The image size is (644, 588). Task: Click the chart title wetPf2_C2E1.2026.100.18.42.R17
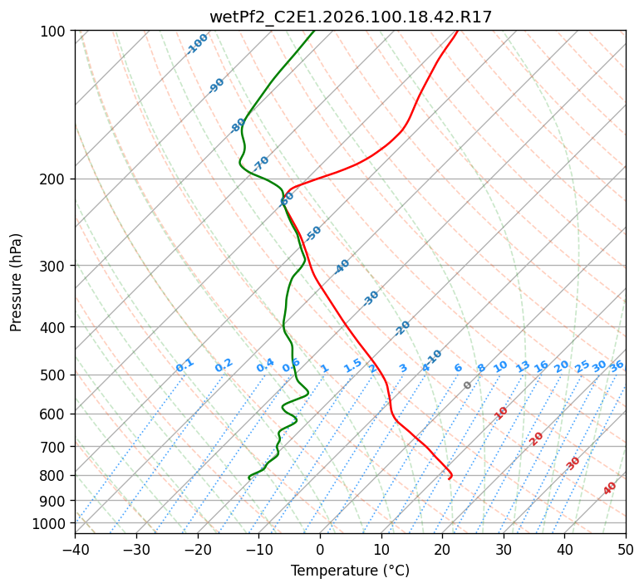tap(350, 17)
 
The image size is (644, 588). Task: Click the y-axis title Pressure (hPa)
tap(17, 282)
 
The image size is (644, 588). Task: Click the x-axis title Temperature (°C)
tap(350, 571)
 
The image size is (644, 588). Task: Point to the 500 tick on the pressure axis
tap(54, 375)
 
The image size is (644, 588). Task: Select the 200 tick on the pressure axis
tap(54, 179)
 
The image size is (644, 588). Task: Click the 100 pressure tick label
tap(54, 31)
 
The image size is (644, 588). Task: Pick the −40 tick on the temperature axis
tap(75, 549)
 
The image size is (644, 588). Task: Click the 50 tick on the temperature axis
tap(626, 549)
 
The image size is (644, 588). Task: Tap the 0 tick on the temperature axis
tap(320, 549)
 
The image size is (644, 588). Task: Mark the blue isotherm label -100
tap(197, 44)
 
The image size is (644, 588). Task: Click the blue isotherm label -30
tap(371, 298)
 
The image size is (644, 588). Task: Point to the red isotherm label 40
tap(610, 488)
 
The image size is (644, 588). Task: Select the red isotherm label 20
tap(537, 439)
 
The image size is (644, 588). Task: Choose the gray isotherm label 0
tap(468, 385)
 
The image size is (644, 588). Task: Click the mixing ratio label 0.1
tap(184, 365)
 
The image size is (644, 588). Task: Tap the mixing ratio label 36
tap(617, 365)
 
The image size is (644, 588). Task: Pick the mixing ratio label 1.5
tap(352, 365)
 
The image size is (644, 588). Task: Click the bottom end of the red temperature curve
tap(449, 479)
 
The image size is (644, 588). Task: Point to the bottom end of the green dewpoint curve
tap(248, 479)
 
